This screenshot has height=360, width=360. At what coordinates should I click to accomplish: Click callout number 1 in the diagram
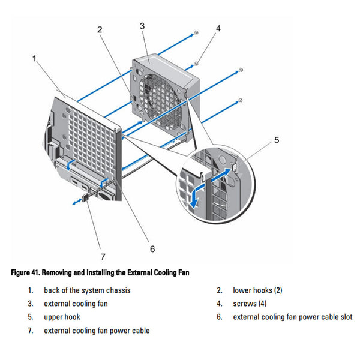(34, 59)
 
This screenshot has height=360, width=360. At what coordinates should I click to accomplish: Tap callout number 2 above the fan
(100, 29)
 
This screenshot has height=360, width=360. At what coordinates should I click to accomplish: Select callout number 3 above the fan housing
(142, 26)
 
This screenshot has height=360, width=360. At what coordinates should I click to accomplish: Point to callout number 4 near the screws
(218, 28)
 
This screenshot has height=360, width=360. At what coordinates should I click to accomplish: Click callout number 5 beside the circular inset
(277, 140)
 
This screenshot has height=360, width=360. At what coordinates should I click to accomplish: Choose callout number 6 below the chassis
(152, 249)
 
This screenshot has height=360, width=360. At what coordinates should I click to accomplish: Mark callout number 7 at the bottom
(103, 256)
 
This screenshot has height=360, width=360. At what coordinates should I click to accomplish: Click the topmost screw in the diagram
(196, 32)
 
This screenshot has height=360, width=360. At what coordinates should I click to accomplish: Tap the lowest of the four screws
(241, 100)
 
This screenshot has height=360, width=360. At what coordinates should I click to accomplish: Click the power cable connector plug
(86, 197)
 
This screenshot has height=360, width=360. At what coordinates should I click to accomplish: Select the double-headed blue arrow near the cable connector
(77, 202)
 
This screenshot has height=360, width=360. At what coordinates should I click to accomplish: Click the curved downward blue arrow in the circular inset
(196, 194)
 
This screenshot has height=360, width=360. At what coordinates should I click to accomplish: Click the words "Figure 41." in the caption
(25, 273)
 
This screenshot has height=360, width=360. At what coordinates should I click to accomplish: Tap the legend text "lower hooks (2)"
(257, 290)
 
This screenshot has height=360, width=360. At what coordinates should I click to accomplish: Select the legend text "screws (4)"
(250, 304)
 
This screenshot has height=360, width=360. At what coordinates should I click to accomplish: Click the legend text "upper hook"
(62, 317)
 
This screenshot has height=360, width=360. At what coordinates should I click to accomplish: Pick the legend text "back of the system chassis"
(87, 290)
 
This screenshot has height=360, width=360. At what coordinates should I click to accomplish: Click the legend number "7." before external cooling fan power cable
(31, 331)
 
